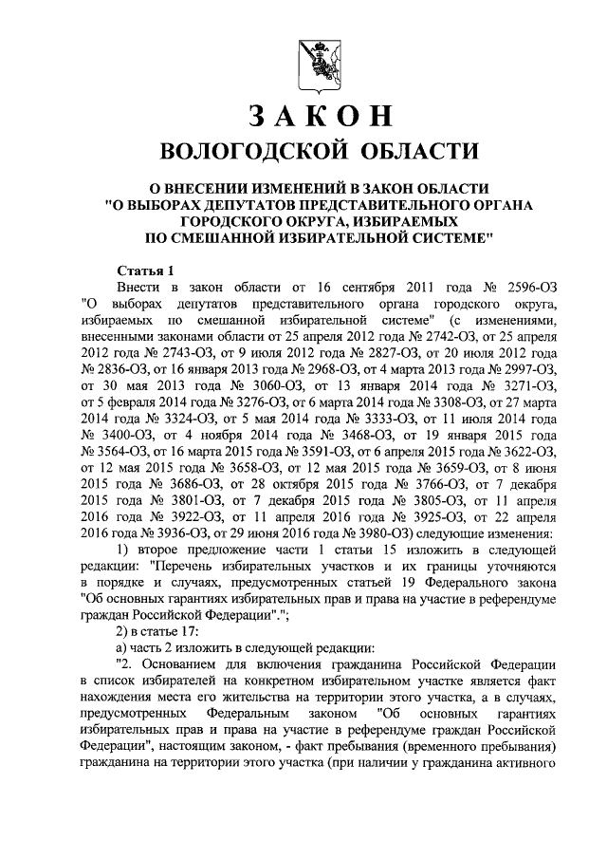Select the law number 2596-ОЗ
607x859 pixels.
pos(526,287)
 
